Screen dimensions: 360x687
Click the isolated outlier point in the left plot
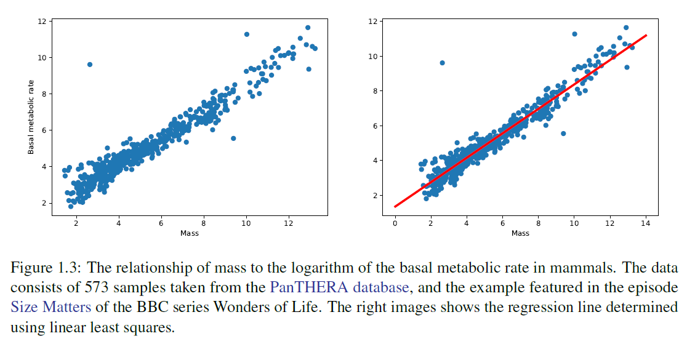tap(89, 65)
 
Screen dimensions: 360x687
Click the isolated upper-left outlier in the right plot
tap(442, 63)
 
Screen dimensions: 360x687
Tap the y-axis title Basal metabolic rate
tap(31, 117)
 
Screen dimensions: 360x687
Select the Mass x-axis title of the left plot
tap(189, 233)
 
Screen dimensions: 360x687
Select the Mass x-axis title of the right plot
tap(520, 233)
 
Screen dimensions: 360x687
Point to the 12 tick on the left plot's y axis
tap(41, 22)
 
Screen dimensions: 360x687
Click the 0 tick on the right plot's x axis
tap(395, 225)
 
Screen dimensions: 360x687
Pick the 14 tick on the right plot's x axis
tap(645, 225)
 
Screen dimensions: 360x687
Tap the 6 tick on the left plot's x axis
tap(161, 225)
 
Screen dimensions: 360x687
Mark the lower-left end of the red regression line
tap(395, 207)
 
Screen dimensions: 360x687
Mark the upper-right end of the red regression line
tap(646, 36)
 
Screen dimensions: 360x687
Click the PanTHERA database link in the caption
tap(339, 287)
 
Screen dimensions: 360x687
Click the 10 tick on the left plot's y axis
tap(41, 58)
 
